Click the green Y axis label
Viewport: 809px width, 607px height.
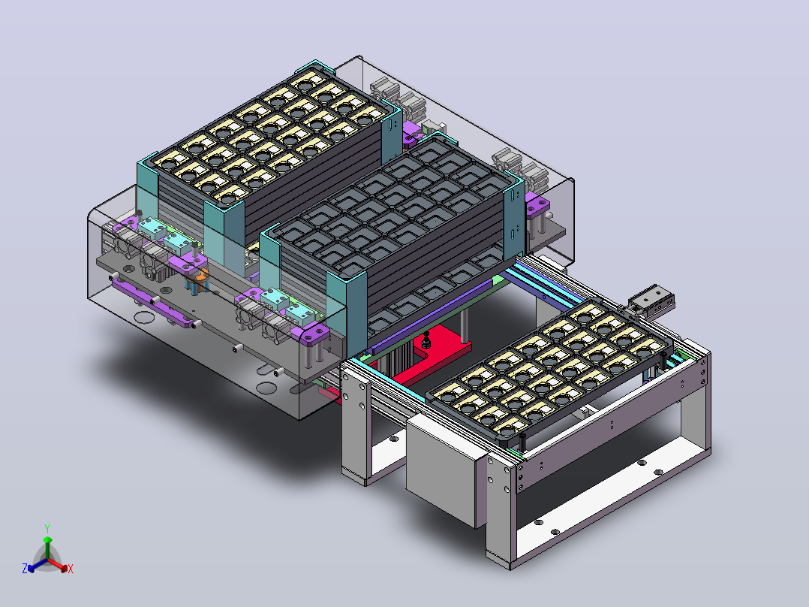pos(47,528)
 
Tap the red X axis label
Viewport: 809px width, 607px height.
pos(71,569)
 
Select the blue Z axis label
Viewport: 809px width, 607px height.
pos(25,568)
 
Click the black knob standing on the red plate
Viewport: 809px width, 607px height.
pos(426,341)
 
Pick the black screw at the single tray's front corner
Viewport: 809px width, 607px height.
pos(522,442)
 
